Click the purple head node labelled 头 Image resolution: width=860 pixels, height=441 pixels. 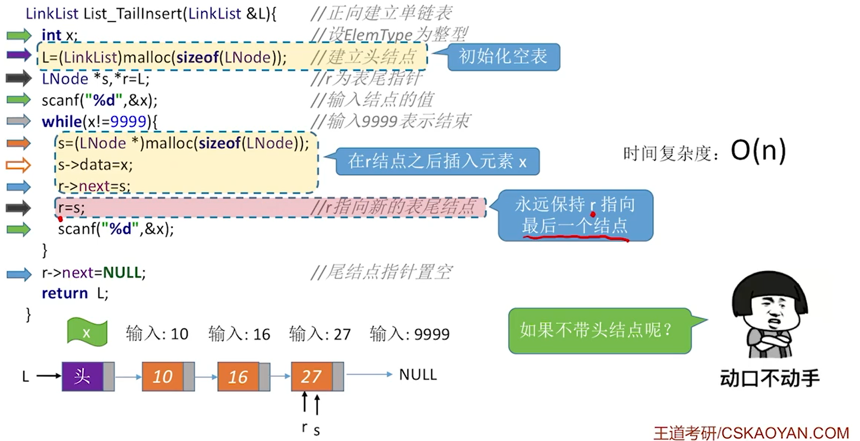pyautogui.click(x=88, y=376)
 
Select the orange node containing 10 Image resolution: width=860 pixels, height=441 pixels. pyautogui.click(x=168, y=376)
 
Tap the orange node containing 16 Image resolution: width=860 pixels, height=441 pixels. pyautogui.click(x=244, y=376)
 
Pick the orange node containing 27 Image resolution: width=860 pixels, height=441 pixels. pyautogui.click(x=318, y=376)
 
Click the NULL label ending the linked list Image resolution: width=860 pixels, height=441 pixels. pyautogui.click(x=418, y=375)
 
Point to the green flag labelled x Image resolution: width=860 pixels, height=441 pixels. pyautogui.click(x=87, y=332)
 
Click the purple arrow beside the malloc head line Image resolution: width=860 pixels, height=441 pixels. pyautogui.click(x=19, y=55)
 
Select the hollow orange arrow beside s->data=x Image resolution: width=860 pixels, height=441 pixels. pyautogui.click(x=18, y=165)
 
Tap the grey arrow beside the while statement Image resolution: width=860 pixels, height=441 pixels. pyautogui.click(x=19, y=122)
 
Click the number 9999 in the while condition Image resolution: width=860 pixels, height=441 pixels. pyautogui.click(x=129, y=122)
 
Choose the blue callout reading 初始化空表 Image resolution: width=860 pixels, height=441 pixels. pyautogui.click(x=503, y=57)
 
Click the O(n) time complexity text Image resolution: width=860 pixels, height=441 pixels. pyautogui.click(x=758, y=151)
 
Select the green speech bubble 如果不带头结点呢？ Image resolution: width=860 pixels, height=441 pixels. pyautogui.click(x=600, y=330)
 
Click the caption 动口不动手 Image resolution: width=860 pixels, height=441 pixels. pyautogui.click(x=770, y=379)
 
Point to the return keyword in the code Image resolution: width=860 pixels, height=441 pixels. pyautogui.click(x=65, y=293)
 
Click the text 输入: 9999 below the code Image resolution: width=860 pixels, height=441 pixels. pyautogui.click(x=410, y=334)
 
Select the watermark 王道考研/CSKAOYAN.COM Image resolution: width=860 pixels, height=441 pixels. pyautogui.click(x=751, y=433)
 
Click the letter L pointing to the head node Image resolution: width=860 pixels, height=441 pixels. pyautogui.click(x=26, y=376)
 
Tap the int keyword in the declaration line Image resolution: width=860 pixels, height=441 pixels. pyautogui.click(x=52, y=35)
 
